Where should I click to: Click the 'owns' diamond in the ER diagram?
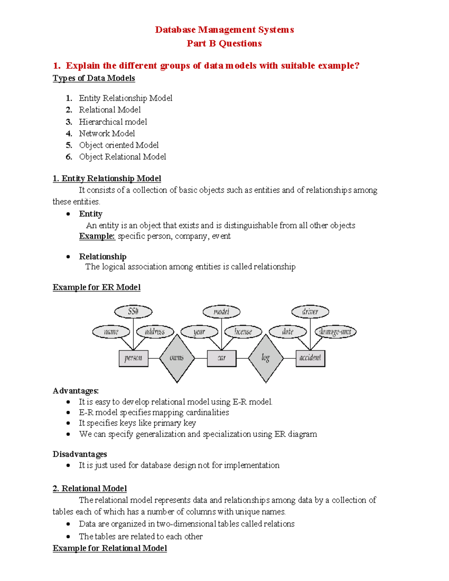[x=177, y=358]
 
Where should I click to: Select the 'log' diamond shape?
[x=266, y=358]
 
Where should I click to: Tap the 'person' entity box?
[x=134, y=358]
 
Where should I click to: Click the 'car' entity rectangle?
[x=222, y=358]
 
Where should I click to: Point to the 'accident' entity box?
[x=310, y=358]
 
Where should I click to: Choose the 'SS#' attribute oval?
[x=133, y=311]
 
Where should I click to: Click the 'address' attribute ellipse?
[x=155, y=331]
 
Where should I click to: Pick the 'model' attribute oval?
[x=222, y=312]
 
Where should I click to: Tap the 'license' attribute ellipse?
[x=243, y=331]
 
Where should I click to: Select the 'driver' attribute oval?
[x=310, y=312]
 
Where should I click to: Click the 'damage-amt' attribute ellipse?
[x=335, y=331]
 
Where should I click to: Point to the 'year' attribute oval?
[x=199, y=332]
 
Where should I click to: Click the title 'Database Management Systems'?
[x=224, y=30]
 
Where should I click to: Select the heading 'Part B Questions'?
[x=224, y=43]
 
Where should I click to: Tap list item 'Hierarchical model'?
[x=113, y=122]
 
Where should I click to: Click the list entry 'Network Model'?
[x=107, y=133]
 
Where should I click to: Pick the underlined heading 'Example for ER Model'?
[x=97, y=287]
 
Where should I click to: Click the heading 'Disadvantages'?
[x=80, y=454]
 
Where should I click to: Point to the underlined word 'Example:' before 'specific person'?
[x=97, y=236]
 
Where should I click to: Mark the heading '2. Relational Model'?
[x=90, y=488]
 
